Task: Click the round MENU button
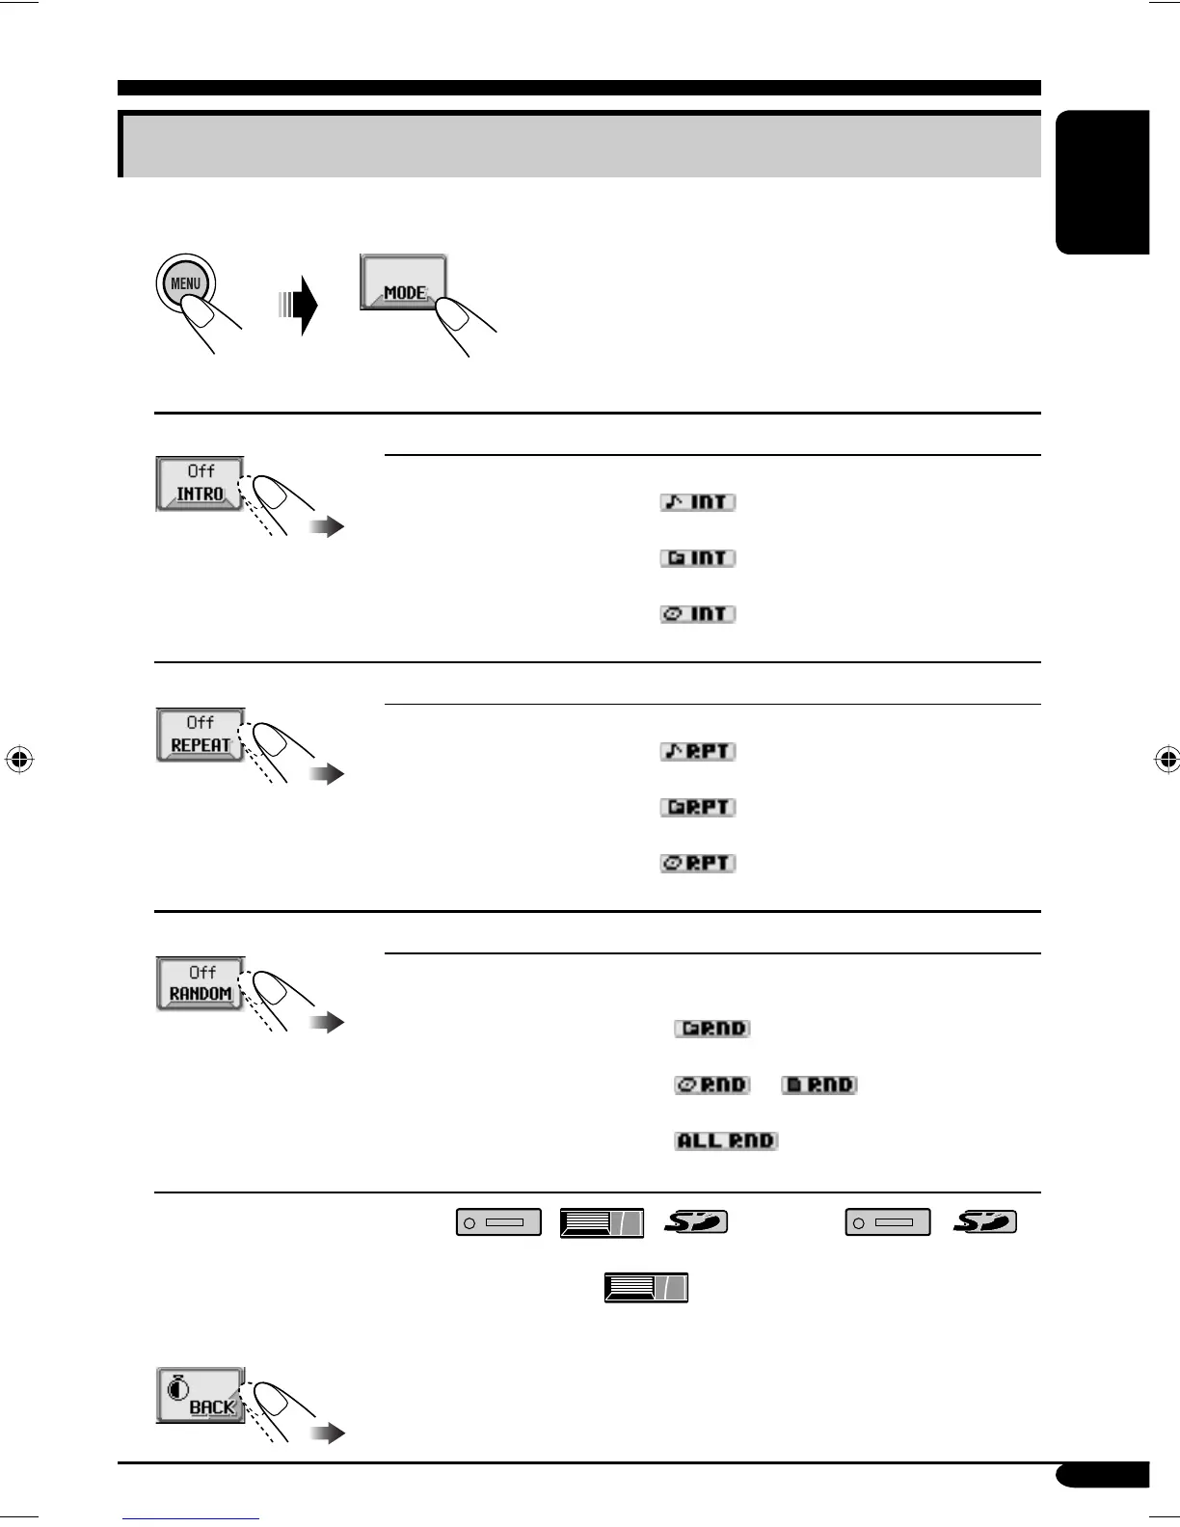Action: click(x=185, y=283)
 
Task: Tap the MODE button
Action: click(x=403, y=281)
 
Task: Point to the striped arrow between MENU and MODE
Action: click(x=300, y=306)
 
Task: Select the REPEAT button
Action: click(x=200, y=735)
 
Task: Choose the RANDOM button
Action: click(x=200, y=983)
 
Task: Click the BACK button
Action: click(x=201, y=1395)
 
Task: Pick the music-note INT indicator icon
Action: click(x=698, y=502)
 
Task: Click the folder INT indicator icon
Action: click(x=698, y=558)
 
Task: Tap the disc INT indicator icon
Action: click(x=698, y=614)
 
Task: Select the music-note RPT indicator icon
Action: click(x=698, y=751)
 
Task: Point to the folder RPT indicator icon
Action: click(x=698, y=807)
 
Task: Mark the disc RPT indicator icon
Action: click(x=698, y=863)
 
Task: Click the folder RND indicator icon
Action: click(x=712, y=1029)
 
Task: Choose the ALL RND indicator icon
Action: click(x=726, y=1140)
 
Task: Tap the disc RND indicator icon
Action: click(x=712, y=1085)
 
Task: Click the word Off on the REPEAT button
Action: click(x=201, y=722)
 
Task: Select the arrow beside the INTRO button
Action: click(x=327, y=527)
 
